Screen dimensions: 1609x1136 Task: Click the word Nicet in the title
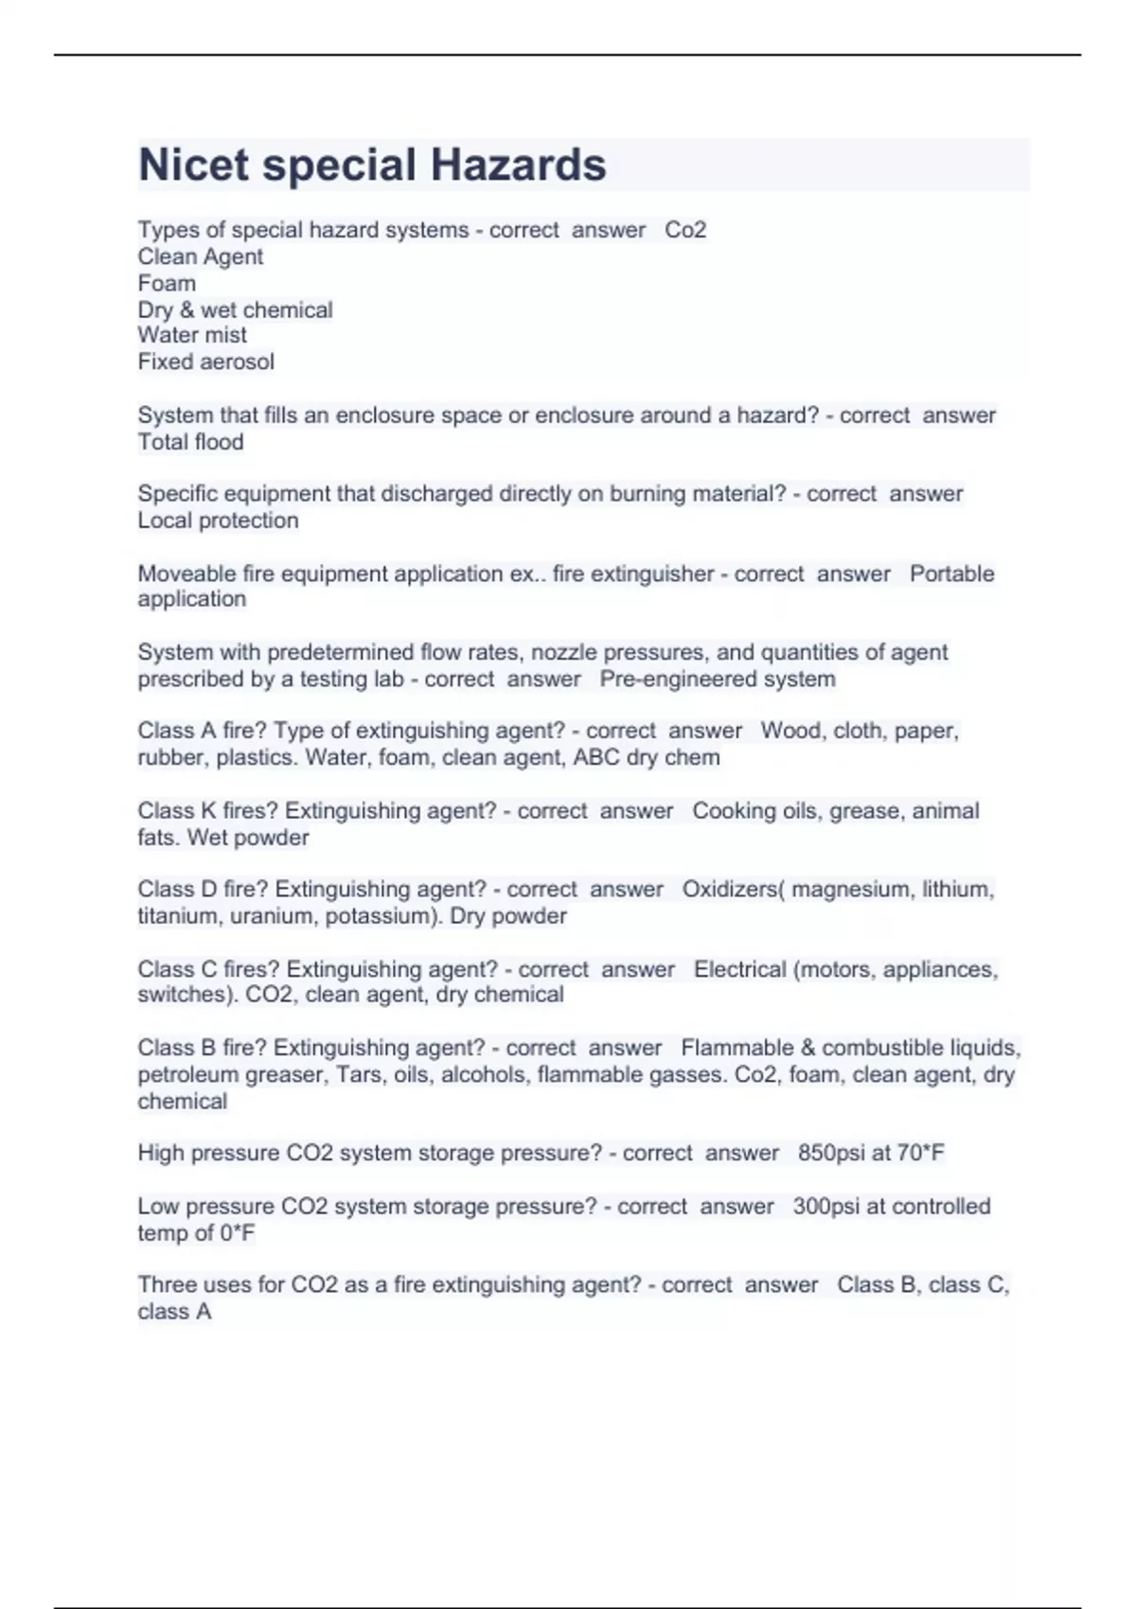click(194, 165)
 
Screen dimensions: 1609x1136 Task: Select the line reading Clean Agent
click(200, 256)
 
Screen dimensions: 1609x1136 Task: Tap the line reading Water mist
click(192, 335)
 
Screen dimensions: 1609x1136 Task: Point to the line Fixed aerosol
click(205, 362)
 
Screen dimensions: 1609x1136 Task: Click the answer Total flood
click(190, 442)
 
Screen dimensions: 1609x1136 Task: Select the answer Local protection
click(218, 521)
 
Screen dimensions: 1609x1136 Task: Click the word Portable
click(951, 574)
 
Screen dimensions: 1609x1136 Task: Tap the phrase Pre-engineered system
click(718, 679)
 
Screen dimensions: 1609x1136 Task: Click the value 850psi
click(827, 1153)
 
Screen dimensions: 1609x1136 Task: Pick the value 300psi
click(823, 1206)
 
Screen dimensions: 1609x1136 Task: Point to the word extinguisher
click(652, 574)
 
